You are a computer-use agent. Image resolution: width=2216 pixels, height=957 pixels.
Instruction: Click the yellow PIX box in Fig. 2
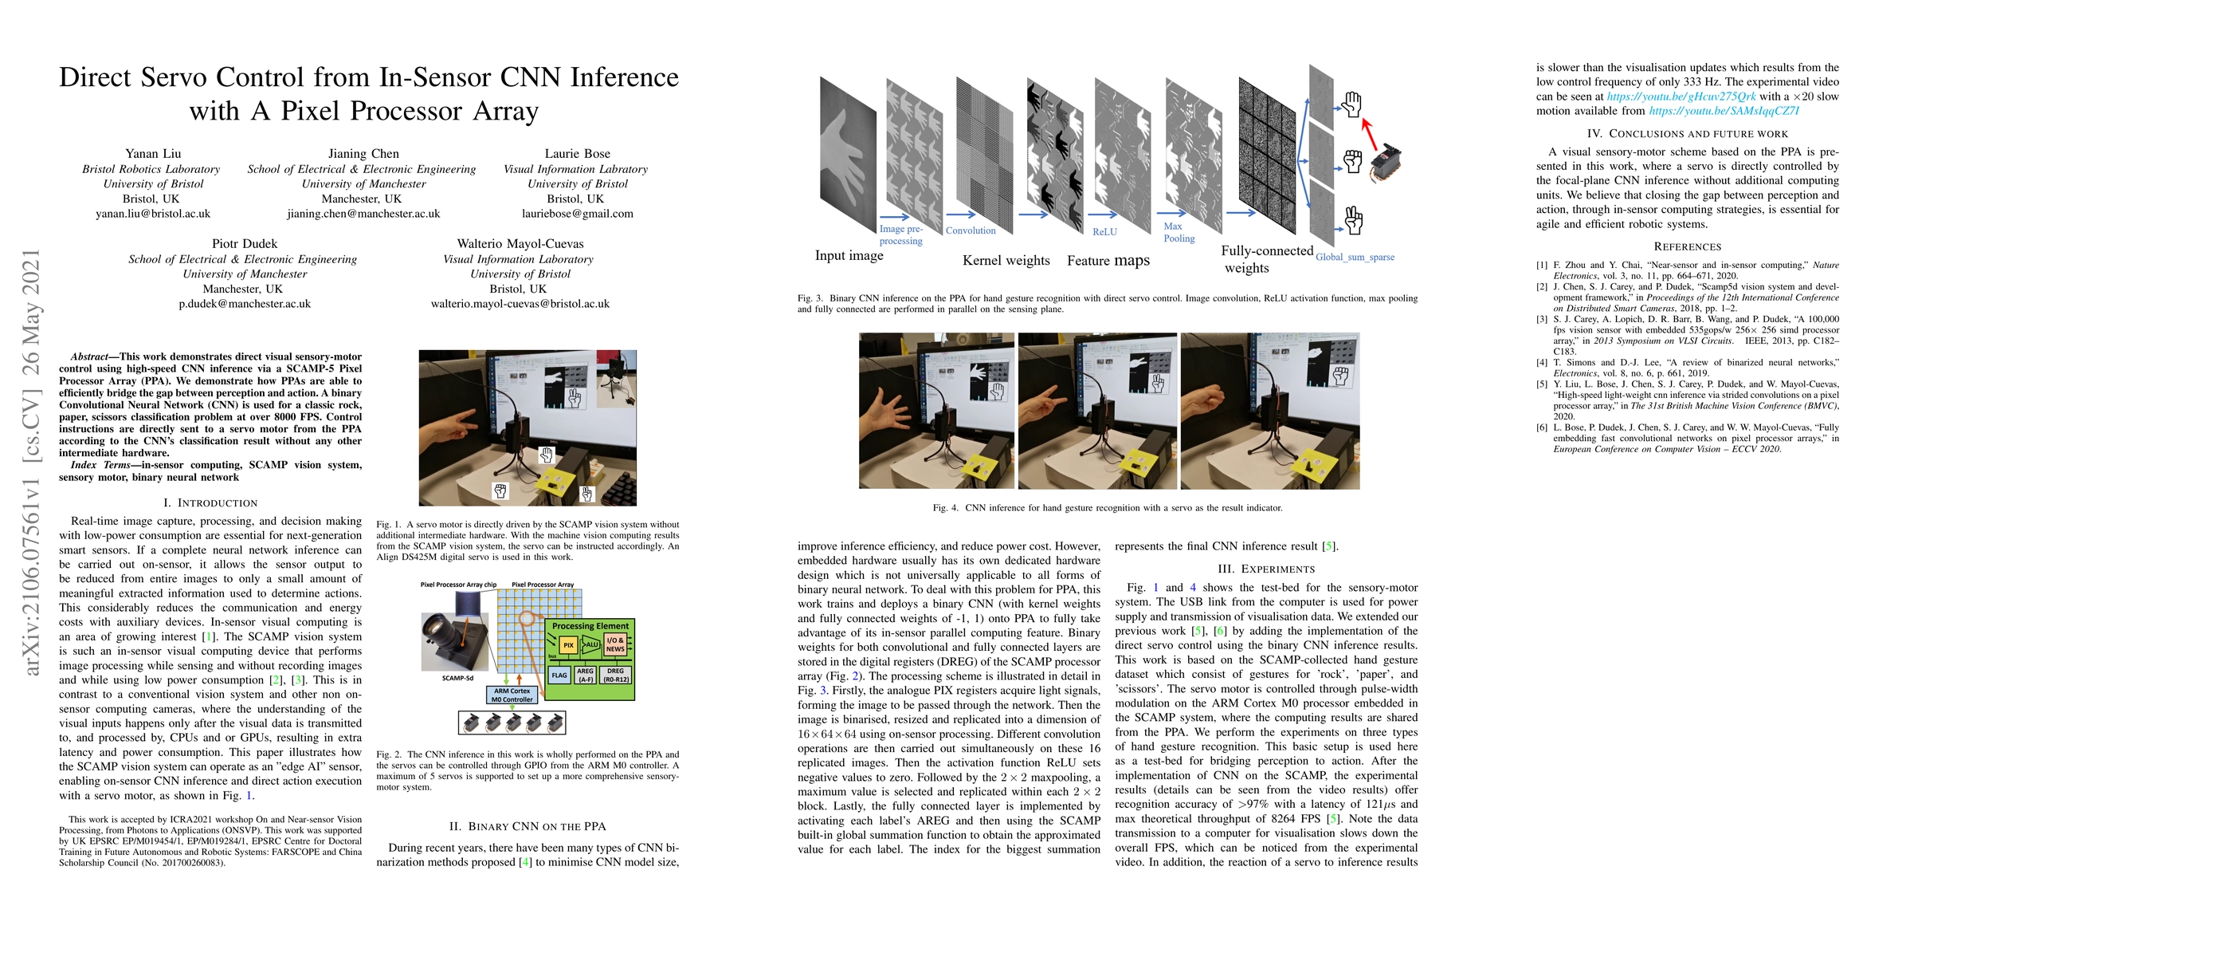(567, 644)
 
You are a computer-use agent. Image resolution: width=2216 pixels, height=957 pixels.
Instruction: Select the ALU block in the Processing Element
(591, 644)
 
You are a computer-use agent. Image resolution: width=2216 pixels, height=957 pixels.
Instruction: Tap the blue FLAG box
(559, 675)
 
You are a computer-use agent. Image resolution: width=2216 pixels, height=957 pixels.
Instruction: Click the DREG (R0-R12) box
(616, 675)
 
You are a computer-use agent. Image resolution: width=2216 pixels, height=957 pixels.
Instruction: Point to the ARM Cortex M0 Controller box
(512, 695)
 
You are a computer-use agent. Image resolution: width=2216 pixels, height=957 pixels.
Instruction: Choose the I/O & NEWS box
(615, 644)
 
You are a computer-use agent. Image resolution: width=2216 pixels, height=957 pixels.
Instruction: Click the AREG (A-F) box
(586, 675)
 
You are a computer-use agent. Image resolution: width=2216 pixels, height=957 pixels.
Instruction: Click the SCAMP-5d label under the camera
(457, 678)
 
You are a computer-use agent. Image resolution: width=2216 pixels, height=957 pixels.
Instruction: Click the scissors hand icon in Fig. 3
(1353, 220)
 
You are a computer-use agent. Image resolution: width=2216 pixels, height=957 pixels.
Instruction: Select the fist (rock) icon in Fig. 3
(1352, 161)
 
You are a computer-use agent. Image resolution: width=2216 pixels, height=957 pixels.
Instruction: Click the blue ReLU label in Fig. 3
(1104, 232)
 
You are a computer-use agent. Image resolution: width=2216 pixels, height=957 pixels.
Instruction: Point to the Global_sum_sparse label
(1355, 258)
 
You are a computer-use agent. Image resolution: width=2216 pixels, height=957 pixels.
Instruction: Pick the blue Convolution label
(971, 230)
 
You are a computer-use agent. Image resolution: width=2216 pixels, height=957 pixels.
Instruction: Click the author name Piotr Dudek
(245, 243)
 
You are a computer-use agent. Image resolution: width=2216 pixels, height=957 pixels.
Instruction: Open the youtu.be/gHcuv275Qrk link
(1682, 96)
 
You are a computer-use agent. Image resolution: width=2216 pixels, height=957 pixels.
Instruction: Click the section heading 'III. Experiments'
(1265, 569)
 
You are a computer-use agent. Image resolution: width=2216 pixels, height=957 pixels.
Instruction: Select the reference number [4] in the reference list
(1542, 362)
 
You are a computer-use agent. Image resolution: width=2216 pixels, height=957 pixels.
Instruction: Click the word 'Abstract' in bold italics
(89, 356)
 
